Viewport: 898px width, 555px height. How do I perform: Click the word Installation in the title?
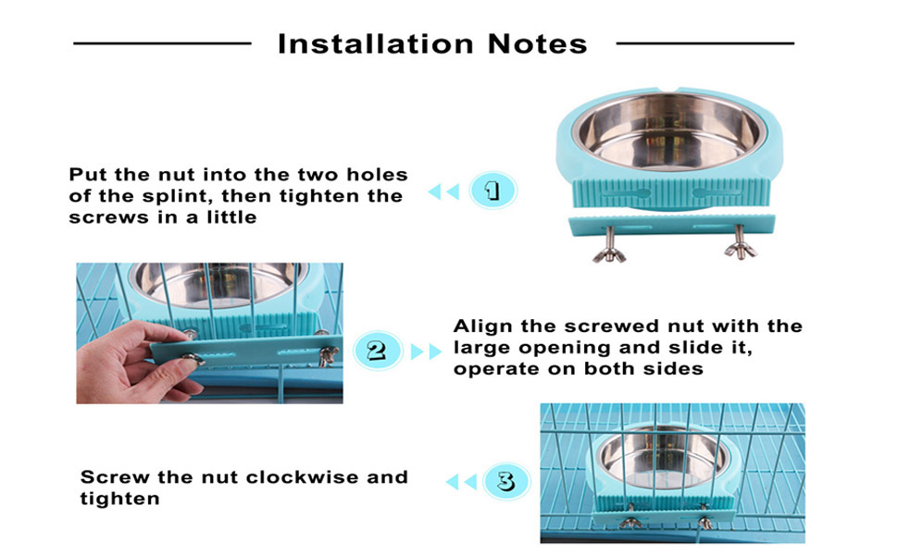point(376,44)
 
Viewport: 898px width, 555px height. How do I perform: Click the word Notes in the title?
point(537,44)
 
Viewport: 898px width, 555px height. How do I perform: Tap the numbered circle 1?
point(493,190)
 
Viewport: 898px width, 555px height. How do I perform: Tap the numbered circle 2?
point(376,350)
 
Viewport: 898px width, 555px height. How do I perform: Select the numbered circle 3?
point(505,481)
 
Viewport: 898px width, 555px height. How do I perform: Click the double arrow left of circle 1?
point(443,191)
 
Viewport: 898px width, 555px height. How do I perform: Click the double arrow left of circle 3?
point(461,482)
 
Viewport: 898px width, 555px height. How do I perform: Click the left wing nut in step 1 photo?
point(609,247)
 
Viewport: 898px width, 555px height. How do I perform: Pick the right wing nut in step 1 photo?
point(741,244)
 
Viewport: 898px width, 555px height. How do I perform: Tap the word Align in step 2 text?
point(483,327)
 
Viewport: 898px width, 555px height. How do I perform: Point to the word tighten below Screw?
point(119,499)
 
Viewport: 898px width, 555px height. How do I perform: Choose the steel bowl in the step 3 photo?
point(662,457)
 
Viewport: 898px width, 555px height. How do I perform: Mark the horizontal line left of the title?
point(163,43)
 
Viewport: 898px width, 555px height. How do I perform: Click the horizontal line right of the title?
point(705,43)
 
